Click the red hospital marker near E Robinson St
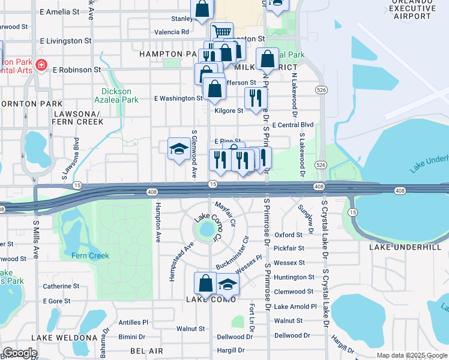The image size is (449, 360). pos(41,65)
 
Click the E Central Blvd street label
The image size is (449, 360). pos(293,125)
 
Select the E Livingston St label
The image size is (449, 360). pos(66,41)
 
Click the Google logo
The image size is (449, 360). pos(20,353)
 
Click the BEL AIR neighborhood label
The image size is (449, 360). pos(146,350)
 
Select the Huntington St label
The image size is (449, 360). pos(294,277)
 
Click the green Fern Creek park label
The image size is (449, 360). pos(91,256)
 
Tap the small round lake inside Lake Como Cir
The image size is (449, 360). pos(207,229)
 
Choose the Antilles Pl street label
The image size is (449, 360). pos(133,322)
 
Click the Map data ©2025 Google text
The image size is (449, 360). pos(412,355)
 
